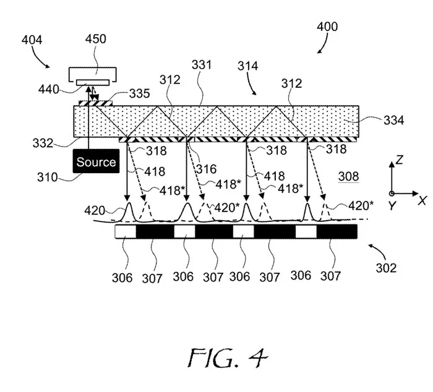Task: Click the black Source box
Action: click(x=96, y=161)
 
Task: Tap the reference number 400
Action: click(x=327, y=27)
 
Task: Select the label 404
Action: click(x=32, y=40)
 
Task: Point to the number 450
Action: click(x=95, y=39)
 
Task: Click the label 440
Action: click(x=49, y=90)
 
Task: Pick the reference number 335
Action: click(x=140, y=93)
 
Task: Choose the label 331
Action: click(x=202, y=65)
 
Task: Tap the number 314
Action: click(x=247, y=66)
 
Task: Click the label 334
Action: click(x=394, y=121)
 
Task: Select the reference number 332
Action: click(x=43, y=143)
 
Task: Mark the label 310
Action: click(x=47, y=177)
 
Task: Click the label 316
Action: click(x=207, y=169)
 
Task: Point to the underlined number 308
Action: click(x=348, y=176)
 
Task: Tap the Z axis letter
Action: click(x=400, y=160)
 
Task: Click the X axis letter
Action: click(x=422, y=200)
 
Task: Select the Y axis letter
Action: click(x=392, y=205)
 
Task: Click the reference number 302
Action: click(x=386, y=268)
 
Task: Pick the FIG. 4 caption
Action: click(x=228, y=358)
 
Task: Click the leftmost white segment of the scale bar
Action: click(x=126, y=232)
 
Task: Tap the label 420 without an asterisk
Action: click(x=95, y=211)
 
